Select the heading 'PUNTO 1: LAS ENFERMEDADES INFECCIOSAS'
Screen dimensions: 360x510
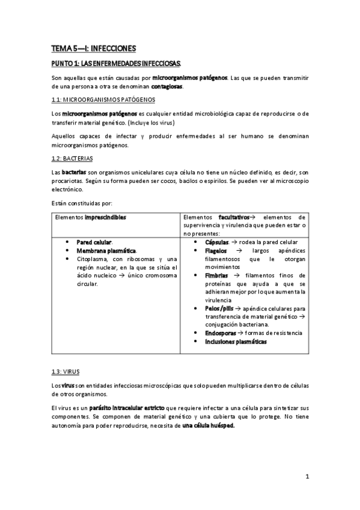(119, 63)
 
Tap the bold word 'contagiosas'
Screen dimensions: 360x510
(167, 86)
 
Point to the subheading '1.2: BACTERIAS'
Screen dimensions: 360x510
(72, 159)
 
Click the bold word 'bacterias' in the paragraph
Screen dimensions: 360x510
(76, 172)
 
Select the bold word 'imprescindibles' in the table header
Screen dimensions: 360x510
(106, 217)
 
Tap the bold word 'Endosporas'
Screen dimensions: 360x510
(221, 333)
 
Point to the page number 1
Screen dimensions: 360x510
(307, 477)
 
